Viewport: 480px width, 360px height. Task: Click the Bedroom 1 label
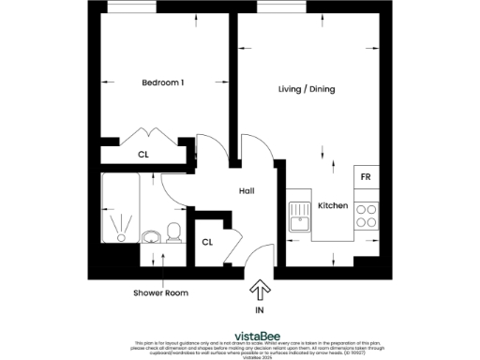pos(162,83)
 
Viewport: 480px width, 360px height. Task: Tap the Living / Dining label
pos(307,90)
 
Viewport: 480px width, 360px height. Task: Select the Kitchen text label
pos(333,205)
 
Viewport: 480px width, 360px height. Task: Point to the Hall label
pos(247,191)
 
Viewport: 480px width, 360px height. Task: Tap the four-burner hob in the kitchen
pos(367,217)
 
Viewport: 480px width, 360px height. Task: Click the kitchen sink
pos(301,219)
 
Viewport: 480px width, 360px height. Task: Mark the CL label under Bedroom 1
pos(143,155)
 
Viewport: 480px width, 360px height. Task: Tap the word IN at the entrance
pos(260,308)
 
